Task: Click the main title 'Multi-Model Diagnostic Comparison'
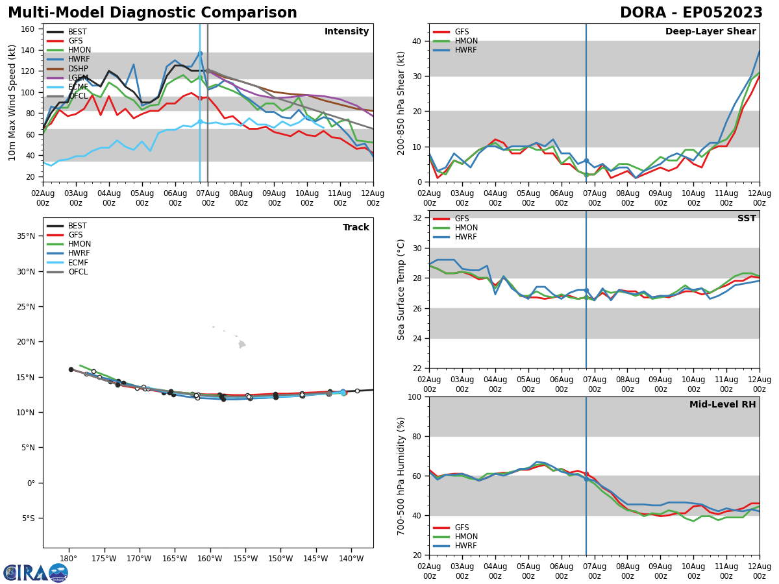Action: (x=153, y=13)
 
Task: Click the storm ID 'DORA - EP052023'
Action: (x=691, y=13)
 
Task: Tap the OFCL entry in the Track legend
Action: (x=77, y=272)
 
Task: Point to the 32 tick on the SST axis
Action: (x=417, y=217)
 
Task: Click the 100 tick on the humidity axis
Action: (x=415, y=396)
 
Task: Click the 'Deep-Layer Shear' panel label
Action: (x=710, y=32)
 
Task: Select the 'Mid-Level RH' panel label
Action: (x=723, y=405)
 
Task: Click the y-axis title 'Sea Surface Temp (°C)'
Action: (x=402, y=289)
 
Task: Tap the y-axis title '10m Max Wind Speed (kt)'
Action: (x=12, y=103)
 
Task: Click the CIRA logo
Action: (x=36, y=573)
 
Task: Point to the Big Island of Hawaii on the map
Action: (x=242, y=345)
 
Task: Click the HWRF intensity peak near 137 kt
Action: (x=200, y=53)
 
